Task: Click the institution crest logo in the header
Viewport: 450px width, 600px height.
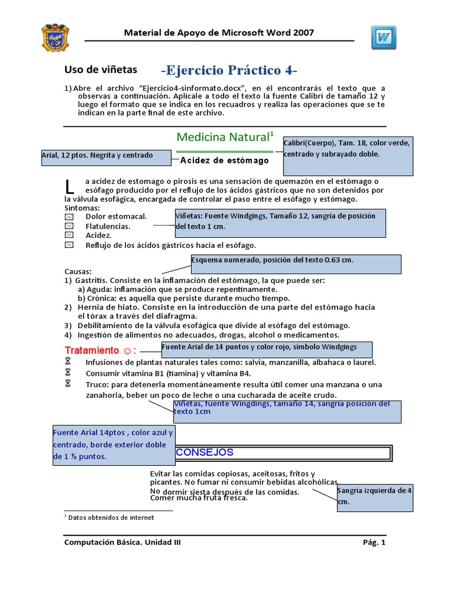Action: (x=56, y=37)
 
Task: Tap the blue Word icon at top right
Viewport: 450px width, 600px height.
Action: (x=383, y=37)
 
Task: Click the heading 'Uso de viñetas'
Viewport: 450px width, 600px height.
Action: (x=100, y=70)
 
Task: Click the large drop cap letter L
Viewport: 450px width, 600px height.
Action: (x=70, y=187)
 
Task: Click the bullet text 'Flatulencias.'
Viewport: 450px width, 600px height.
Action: (x=108, y=226)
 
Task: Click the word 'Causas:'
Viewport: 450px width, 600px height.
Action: (x=78, y=272)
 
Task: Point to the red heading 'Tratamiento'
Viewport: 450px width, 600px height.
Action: (x=91, y=350)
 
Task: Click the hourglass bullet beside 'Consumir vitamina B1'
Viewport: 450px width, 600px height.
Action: (x=68, y=373)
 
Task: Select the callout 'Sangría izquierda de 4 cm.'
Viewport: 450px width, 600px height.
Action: (x=375, y=496)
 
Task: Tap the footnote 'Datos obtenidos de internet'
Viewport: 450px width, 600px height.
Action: (x=111, y=517)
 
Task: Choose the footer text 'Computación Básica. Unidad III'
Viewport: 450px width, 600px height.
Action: (x=122, y=543)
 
